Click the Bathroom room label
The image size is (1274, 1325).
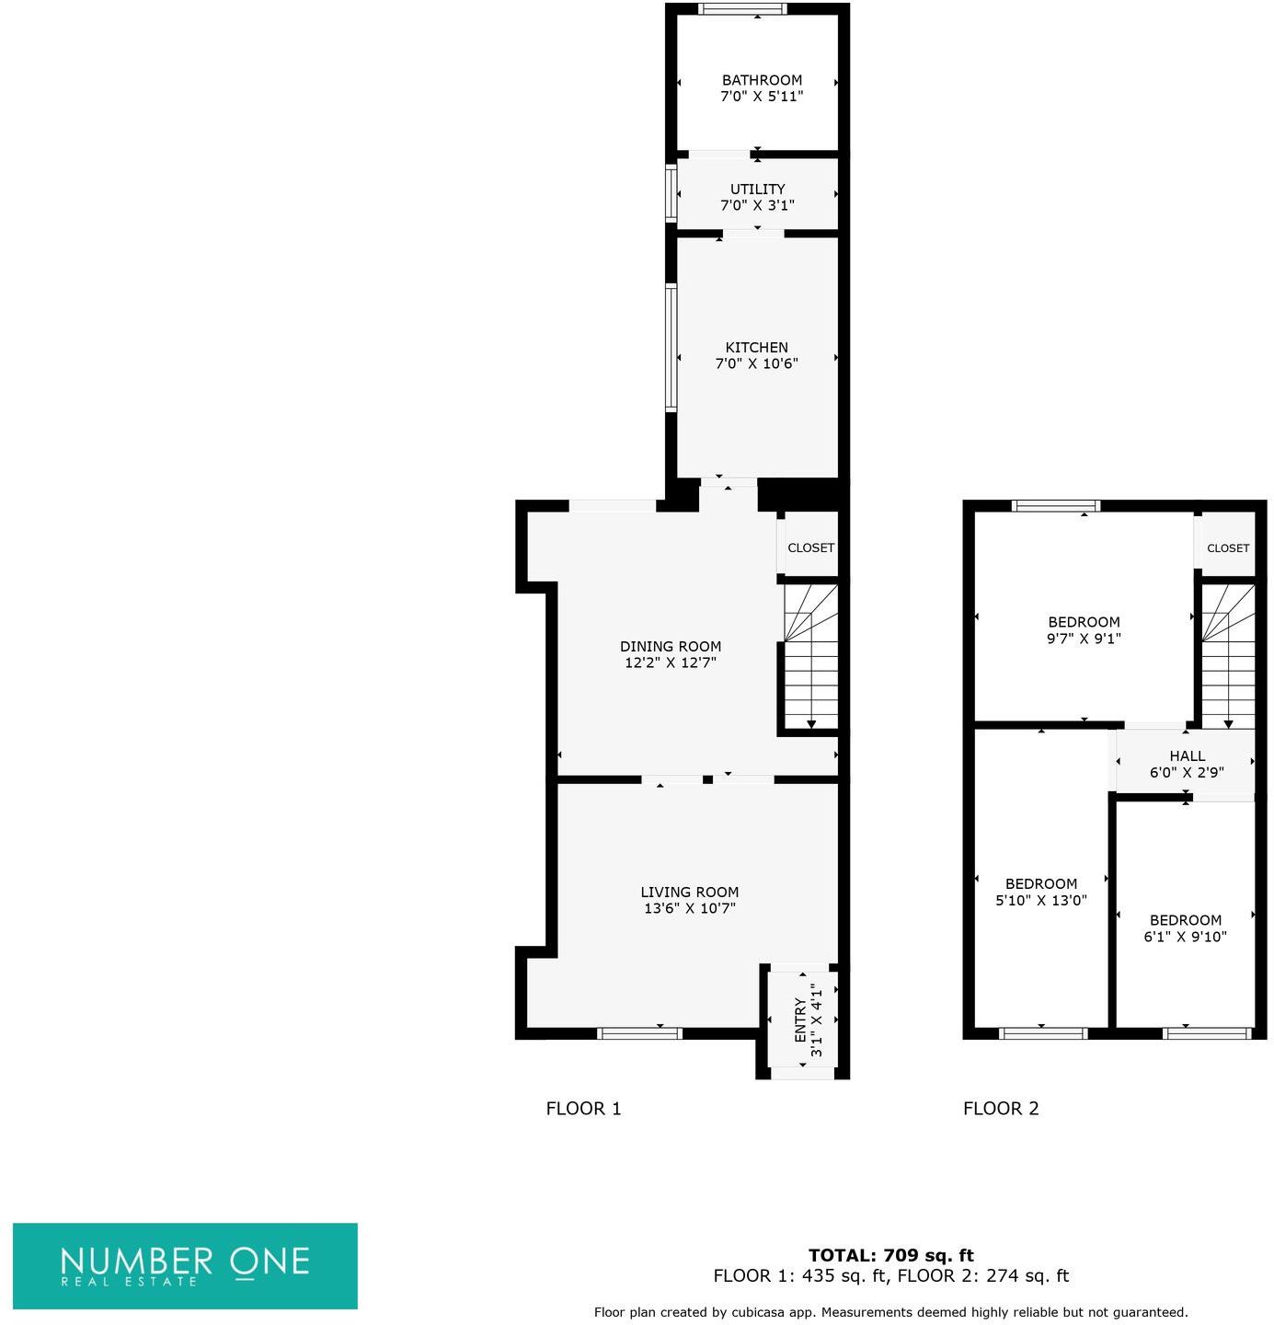[762, 80]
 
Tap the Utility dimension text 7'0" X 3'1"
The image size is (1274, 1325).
[757, 205]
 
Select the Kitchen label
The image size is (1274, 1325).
[756, 347]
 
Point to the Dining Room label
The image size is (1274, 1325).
[670, 646]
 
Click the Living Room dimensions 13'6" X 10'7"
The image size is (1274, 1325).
[689, 908]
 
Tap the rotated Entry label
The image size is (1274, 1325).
[800, 1020]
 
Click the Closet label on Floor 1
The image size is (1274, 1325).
[810, 547]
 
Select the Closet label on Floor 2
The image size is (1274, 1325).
[1227, 547]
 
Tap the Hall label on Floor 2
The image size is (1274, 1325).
[1187, 755]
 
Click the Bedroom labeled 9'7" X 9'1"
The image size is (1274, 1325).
[1084, 629]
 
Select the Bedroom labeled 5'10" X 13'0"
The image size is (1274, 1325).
[1040, 892]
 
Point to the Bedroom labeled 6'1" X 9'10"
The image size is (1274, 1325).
[1185, 928]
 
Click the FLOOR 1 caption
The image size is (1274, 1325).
[583, 1108]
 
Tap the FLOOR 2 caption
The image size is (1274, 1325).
[1000, 1108]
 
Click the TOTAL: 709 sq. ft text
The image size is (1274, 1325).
[890, 1255]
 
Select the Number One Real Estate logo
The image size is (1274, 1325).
[185, 1265]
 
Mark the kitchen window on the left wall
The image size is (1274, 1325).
[671, 347]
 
